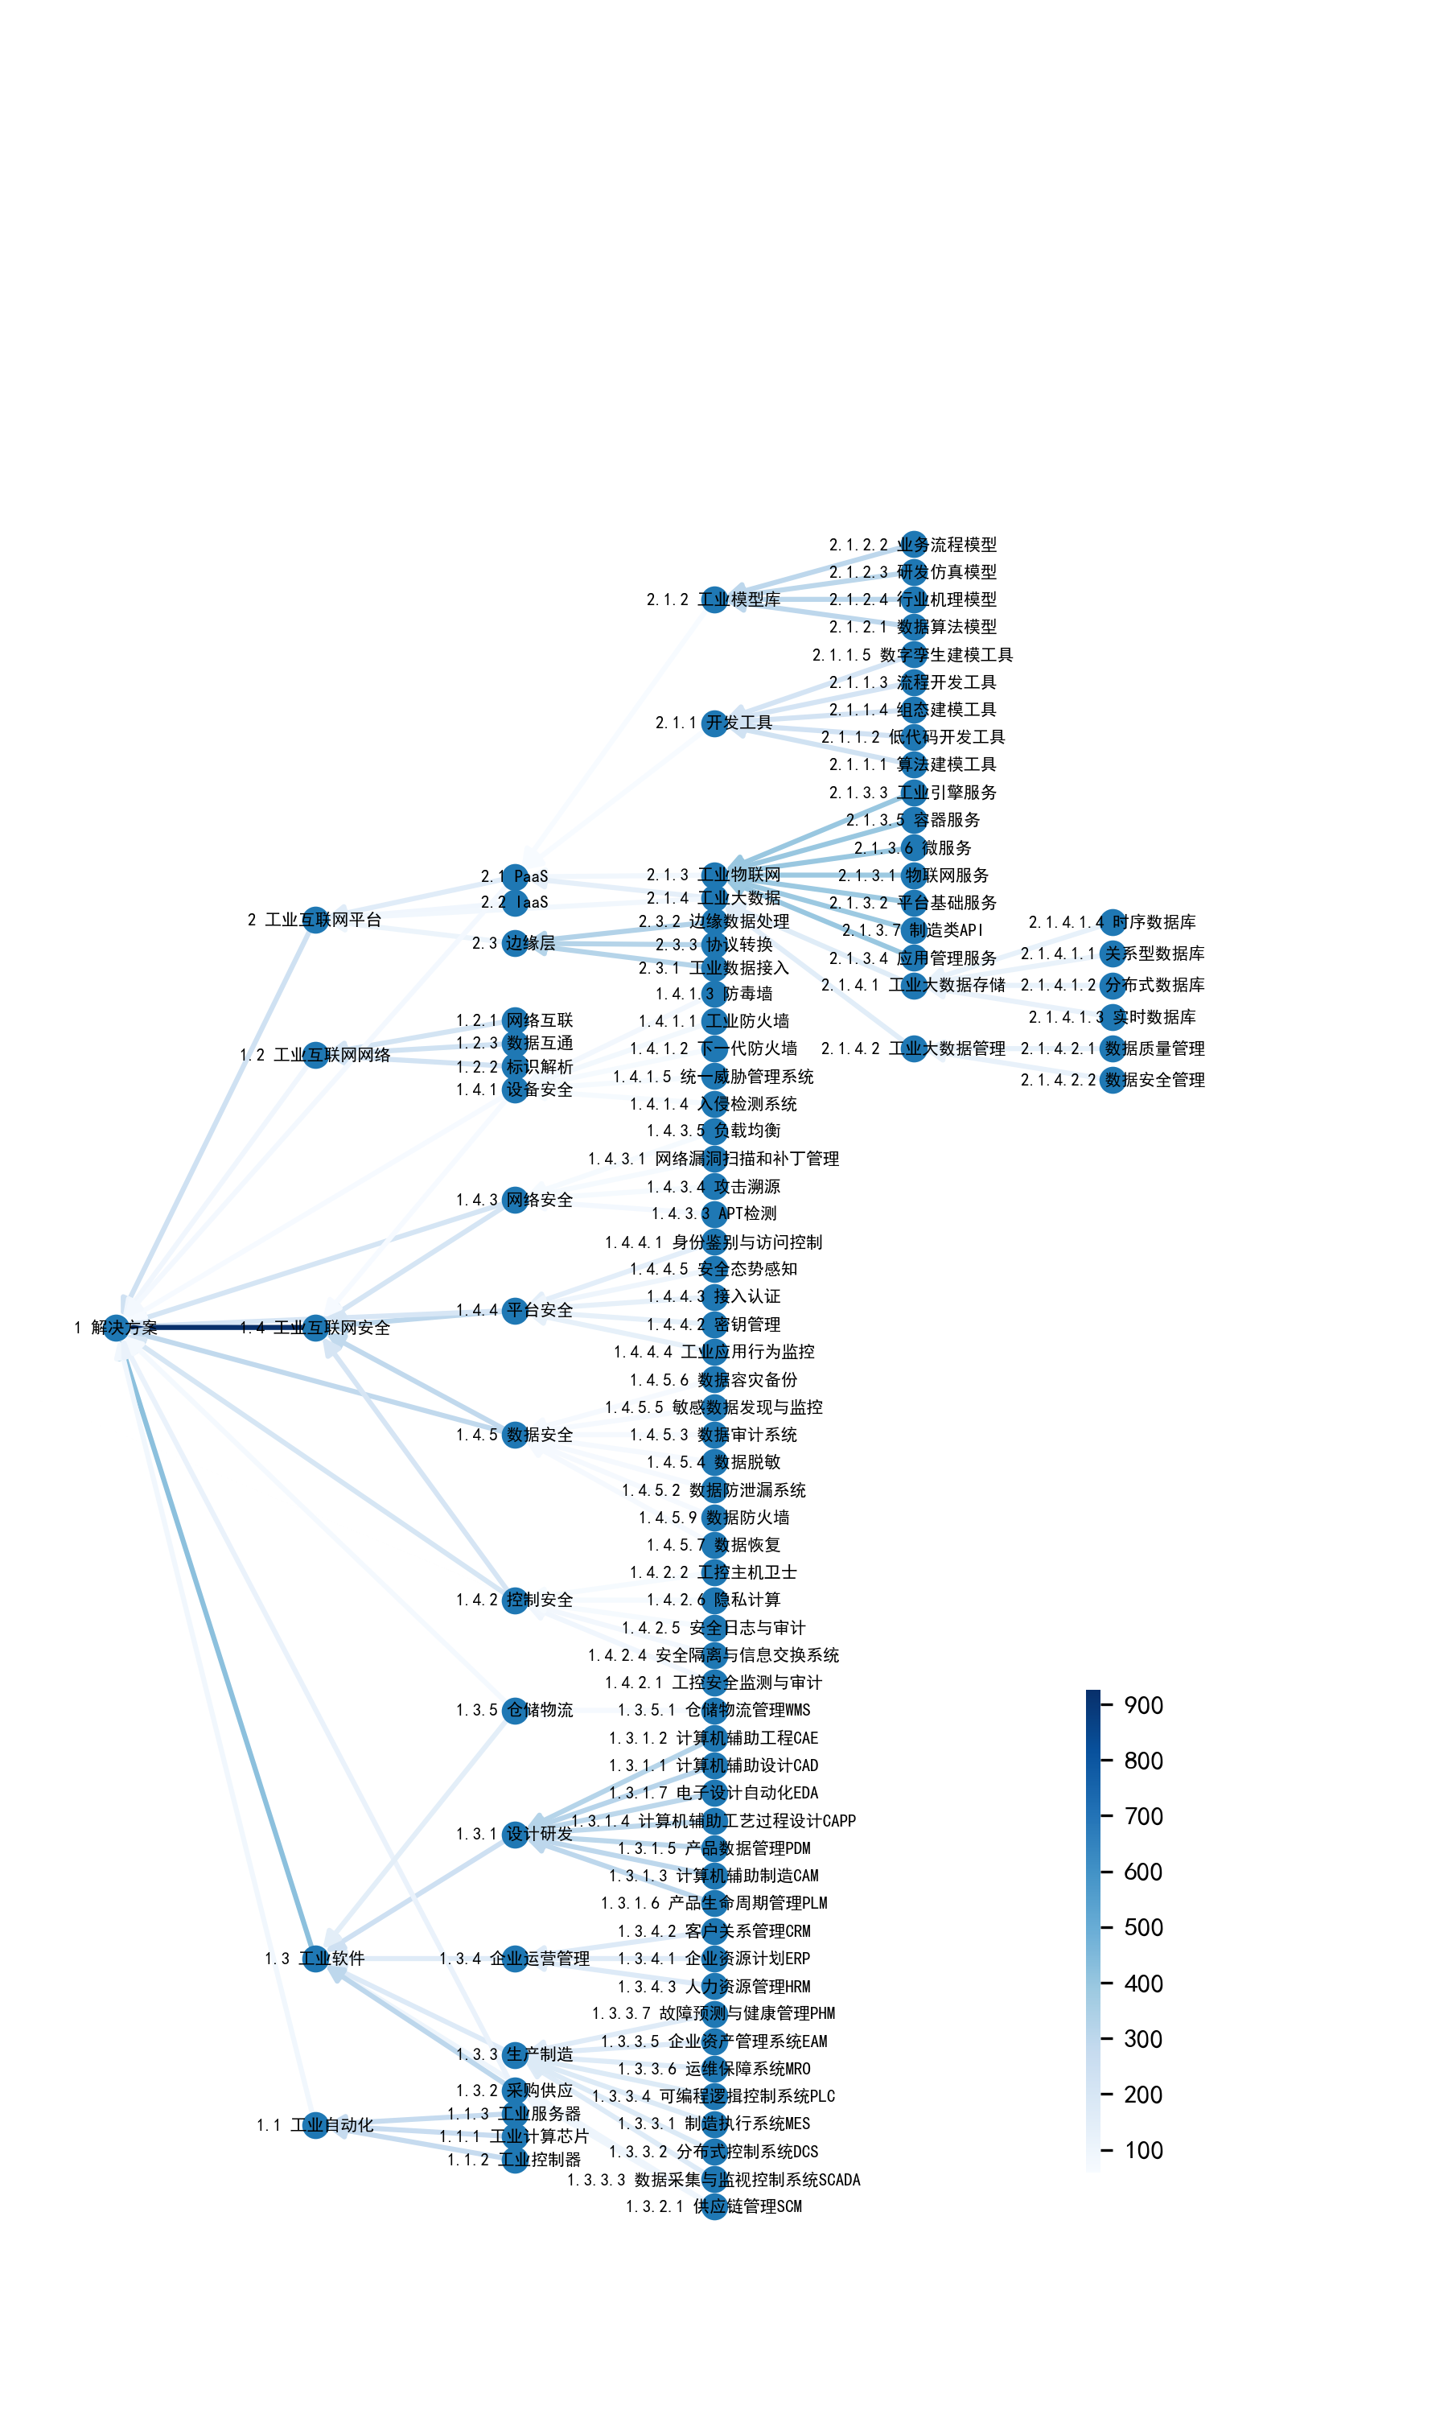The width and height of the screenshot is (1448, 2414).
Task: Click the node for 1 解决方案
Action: (x=116, y=1327)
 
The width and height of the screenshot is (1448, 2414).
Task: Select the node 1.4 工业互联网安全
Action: (x=315, y=1327)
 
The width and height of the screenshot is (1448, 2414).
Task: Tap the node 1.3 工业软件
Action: (x=315, y=1959)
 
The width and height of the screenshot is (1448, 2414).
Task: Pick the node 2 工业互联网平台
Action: (x=315, y=919)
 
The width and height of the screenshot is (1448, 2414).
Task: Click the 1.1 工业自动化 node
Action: (x=315, y=2124)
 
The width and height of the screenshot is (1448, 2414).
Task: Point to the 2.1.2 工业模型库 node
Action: (x=715, y=599)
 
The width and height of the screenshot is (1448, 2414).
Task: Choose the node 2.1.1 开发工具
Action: (x=715, y=723)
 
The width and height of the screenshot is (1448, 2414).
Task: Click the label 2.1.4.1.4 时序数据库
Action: (x=1113, y=922)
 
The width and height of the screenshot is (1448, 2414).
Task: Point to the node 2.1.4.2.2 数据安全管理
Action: (x=1113, y=1080)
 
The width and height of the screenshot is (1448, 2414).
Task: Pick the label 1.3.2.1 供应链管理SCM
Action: (x=714, y=2206)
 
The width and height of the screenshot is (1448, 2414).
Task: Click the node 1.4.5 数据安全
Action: (x=515, y=1435)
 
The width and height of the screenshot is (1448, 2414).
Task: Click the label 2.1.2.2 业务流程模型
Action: (x=913, y=545)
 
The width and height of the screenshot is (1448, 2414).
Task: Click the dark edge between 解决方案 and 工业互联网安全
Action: (x=216, y=1327)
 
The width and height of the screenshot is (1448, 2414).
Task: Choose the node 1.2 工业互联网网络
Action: (x=315, y=1055)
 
